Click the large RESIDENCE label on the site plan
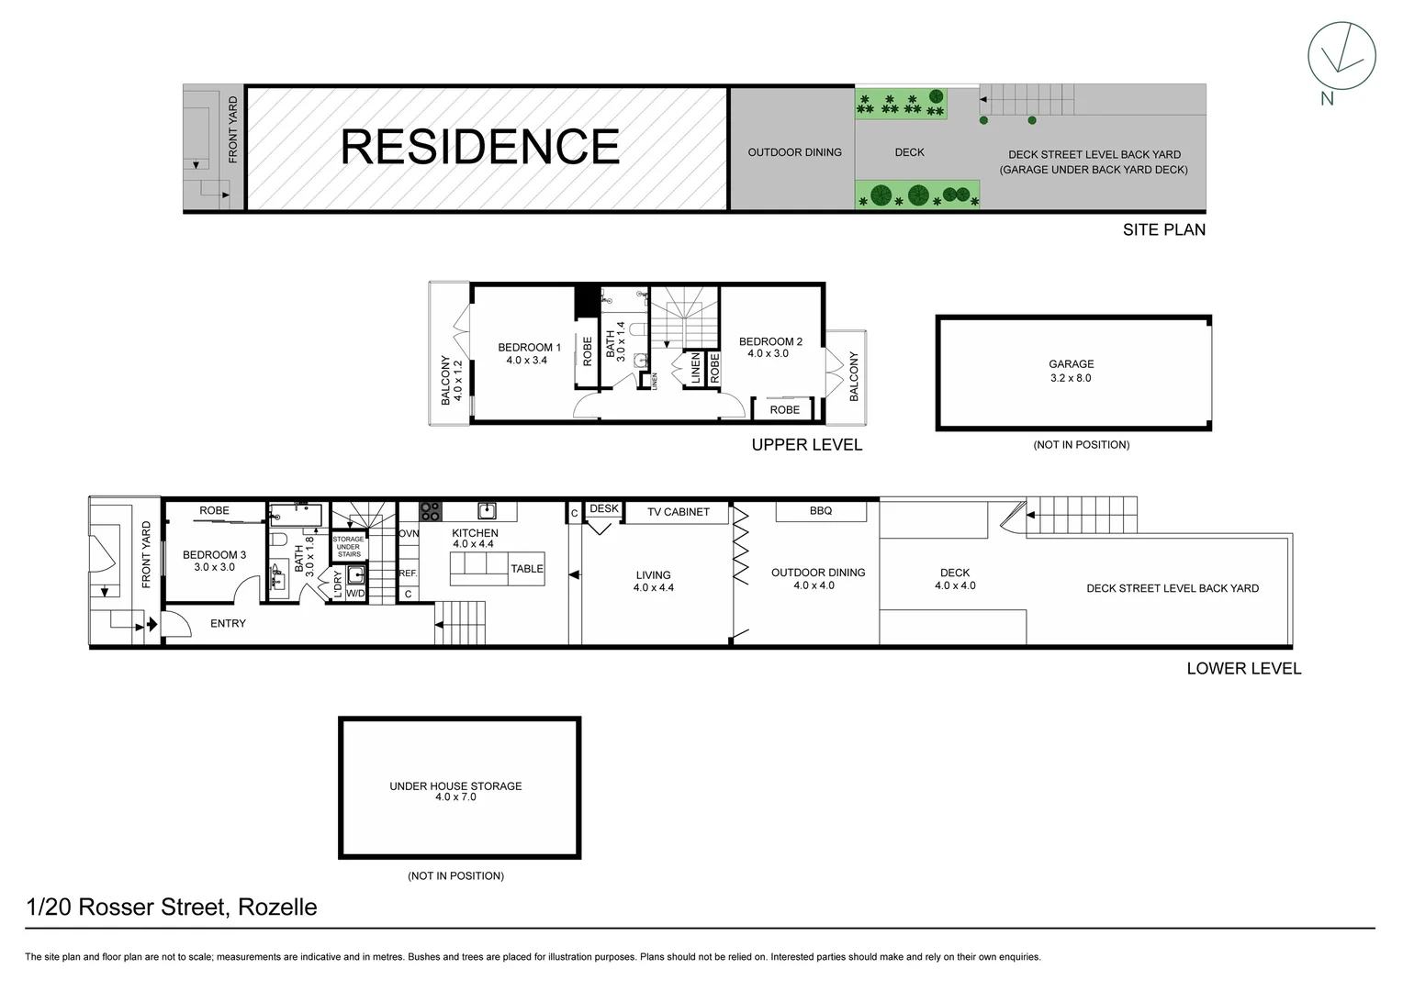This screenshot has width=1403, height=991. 480,147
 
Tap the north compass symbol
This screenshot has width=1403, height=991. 1341,56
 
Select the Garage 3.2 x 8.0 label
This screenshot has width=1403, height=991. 1071,371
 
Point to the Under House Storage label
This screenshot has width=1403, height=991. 455,791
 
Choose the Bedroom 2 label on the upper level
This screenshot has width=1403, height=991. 770,347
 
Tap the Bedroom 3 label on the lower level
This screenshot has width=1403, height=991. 214,561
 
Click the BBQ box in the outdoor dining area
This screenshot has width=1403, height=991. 821,511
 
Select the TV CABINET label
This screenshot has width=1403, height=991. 678,512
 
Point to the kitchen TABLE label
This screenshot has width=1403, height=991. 527,569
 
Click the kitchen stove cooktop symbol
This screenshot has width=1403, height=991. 431,511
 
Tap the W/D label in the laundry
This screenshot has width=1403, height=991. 355,594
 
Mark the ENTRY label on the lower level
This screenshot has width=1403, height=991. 228,624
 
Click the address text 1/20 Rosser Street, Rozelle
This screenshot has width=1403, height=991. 172,907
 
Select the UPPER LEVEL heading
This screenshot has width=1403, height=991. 806,445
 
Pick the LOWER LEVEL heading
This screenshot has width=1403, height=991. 1243,669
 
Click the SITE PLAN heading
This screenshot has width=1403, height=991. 1163,229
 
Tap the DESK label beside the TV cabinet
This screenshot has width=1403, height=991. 604,508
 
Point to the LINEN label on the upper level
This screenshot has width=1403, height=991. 695,369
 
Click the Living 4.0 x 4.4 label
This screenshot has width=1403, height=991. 654,582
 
